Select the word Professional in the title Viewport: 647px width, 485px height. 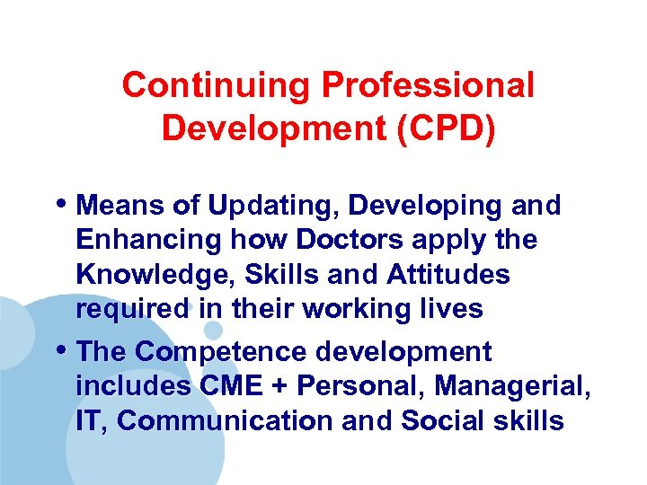click(x=428, y=86)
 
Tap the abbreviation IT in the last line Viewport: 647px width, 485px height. click(x=90, y=420)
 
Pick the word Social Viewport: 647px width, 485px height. click(x=444, y=420)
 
